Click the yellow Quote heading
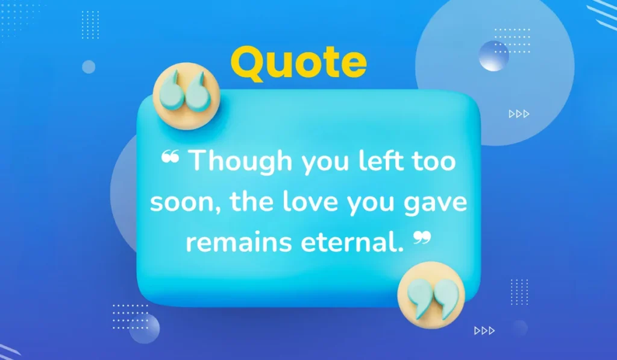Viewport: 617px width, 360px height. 298,63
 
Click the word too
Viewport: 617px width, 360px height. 433,162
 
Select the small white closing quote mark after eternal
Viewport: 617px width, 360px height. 423,239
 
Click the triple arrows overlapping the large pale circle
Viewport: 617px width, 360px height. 519,113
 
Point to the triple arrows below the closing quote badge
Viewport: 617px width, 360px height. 484,330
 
